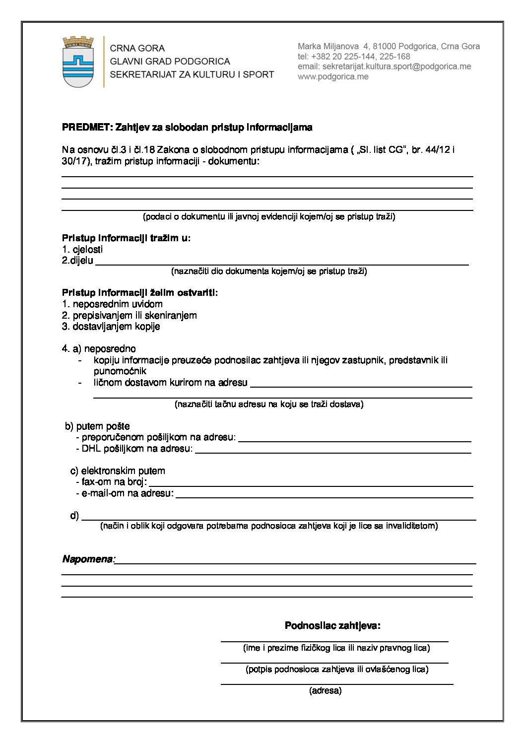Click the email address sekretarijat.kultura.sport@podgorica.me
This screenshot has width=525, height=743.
[x=384, y=67]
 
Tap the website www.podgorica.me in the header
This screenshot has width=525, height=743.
[x=333, y=77]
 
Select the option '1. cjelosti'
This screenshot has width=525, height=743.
[x=82, y=249]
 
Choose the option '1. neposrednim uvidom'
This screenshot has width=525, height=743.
[x=112, y=304]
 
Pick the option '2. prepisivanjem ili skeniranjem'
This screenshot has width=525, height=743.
[x=129, y=315]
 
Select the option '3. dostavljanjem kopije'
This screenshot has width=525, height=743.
[x=111, y=327]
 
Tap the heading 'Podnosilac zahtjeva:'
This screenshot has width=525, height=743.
[x=332, y=625]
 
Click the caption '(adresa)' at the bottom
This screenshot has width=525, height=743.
[x=325, y=690]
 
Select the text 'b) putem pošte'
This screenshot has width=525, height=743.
[x=98, y=426]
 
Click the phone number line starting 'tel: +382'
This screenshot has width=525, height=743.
[x=354, y=57]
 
